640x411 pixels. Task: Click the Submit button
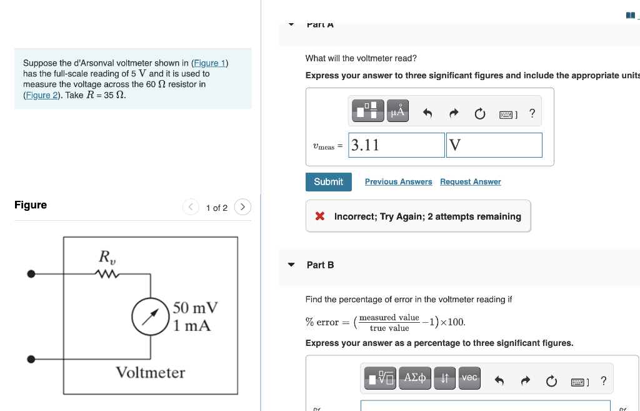pos(328,181)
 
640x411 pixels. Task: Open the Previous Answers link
pos(398,181)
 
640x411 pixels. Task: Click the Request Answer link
pos(470,181)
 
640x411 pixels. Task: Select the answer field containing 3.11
pos(397,145)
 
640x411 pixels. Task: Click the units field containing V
pos(494,145)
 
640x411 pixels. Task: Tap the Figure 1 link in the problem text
pos(210,63)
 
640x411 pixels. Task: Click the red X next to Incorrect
pos(320,216)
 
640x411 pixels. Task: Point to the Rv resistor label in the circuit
pos(107,257)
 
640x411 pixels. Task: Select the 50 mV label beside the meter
pos(195,308)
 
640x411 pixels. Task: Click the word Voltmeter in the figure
pos(150,373)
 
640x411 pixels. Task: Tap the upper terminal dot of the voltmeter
pos(31,273)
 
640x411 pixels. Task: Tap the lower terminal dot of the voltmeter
pos(31,360)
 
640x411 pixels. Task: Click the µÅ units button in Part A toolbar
pos(397,113)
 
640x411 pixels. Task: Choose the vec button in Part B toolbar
pos(469,377)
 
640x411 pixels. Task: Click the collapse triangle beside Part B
pos(291,265)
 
